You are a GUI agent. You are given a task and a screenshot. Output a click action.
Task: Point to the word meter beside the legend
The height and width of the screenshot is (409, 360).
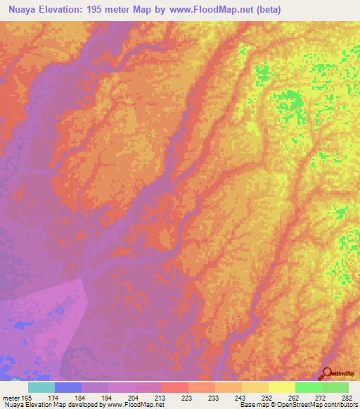11,398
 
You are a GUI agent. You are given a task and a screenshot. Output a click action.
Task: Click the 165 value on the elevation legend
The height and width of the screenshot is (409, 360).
25,398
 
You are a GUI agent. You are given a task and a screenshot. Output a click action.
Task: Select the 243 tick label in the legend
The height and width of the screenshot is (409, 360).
241,398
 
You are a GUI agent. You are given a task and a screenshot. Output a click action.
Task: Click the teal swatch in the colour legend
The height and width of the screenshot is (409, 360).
41,387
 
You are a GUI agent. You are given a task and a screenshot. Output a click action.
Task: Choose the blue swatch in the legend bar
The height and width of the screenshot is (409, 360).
68,387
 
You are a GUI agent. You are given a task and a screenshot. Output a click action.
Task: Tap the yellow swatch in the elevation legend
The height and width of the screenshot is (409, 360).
281,387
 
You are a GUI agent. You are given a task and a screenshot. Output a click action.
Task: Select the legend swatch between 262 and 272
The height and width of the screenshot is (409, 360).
308,387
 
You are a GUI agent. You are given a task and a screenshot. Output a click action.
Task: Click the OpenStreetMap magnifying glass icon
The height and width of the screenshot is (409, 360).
327,373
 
